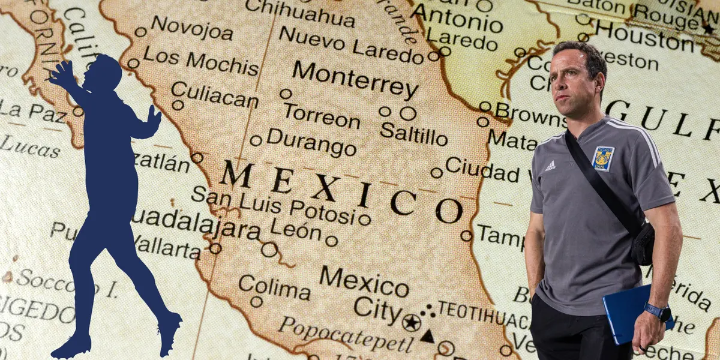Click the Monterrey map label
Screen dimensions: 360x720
pyautogui.click(x=355, y=80)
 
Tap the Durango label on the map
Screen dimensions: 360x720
pyautogui.click(x=311, y=142)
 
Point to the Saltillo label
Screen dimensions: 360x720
pyautogui.click(x=413, y=134)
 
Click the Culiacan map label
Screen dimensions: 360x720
pyautogui.click(x=214, y=95)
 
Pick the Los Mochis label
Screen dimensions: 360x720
pyautogui.click(x=200, y=60)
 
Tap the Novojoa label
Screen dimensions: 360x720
pyautogui.click(x=191, y=28)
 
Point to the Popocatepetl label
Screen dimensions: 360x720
pyautogui.click(x=346, y=334)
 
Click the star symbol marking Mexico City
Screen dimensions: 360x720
pyautogui.click(x=412, y=322)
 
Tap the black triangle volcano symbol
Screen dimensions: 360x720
pyautogui.click(x=427, y=336)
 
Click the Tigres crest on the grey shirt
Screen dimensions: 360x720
pyautogui.click(x=602, y=158)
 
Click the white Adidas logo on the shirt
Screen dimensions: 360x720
pyautogui.click(x=550, y=166)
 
